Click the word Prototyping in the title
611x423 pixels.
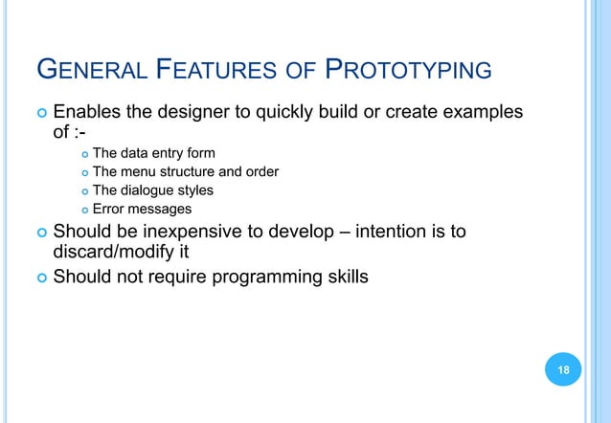[410, 70]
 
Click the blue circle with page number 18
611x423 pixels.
[562, 369]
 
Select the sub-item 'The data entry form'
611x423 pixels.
[153, 153]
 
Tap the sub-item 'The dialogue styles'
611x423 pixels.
[152, 190]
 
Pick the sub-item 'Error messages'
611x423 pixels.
[142, 209]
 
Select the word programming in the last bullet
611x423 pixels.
[251, 278]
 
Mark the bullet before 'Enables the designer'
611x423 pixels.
[38, 113]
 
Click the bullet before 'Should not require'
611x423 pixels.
[38, 278]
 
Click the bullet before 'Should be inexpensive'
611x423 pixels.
[38, 232]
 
